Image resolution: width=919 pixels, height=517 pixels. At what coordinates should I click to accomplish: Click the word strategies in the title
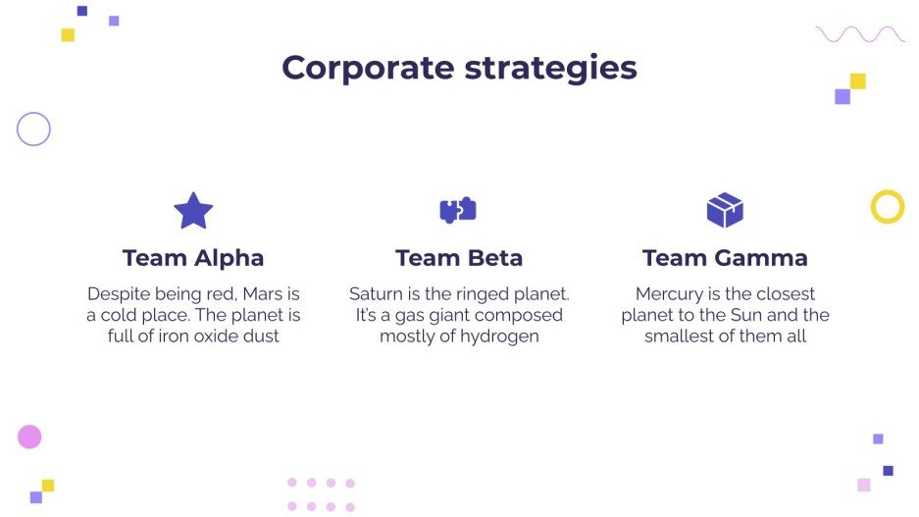point(551,69)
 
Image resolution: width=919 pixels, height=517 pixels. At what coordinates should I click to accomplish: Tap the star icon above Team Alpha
point(193,210)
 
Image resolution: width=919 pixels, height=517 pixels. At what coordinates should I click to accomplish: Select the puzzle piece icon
point(458,210)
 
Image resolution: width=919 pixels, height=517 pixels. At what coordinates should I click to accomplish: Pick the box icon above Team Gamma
point(725,210)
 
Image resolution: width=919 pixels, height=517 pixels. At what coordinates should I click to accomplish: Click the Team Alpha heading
point(193,258)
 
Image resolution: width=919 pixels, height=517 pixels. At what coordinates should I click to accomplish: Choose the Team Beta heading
point(459,258)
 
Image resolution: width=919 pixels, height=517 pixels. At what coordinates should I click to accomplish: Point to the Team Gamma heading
point(725,258)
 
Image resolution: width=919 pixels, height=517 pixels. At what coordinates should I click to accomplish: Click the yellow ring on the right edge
point(887,207)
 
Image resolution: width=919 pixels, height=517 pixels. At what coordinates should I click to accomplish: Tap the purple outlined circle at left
point(33,129)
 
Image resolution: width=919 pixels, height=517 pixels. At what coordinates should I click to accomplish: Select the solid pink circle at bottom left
point(29,437)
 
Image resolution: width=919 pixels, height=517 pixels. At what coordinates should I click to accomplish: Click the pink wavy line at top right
point(860,34)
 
